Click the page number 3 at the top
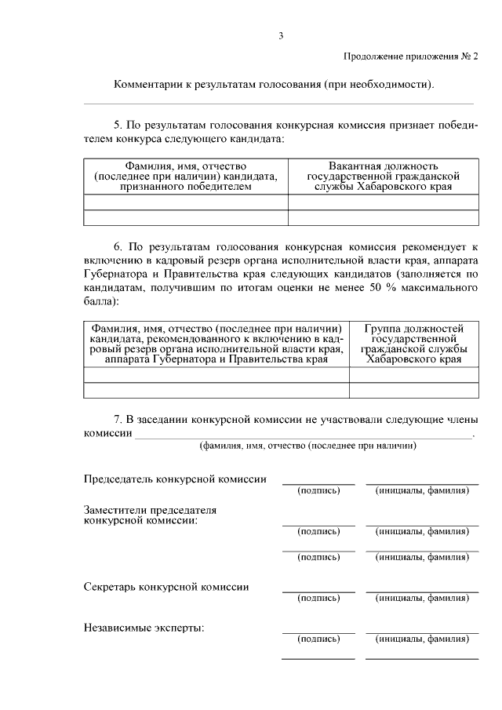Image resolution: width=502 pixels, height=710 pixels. click(x=280, y=35)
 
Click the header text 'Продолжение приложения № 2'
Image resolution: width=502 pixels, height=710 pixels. click(x=410, y=56)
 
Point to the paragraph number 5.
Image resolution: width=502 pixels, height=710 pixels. click(x=118, y=125)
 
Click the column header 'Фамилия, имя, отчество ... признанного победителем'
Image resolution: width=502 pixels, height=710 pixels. click(x=186, y=177)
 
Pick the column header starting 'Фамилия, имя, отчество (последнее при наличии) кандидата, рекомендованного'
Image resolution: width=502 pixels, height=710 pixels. click(x=216, y=344)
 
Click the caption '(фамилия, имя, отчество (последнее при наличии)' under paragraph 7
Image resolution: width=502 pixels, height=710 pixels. click(x=307, y=445)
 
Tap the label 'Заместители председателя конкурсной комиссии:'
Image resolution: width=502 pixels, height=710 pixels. click(x=150, y=515)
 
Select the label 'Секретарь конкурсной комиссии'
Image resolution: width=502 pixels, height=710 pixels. click(x=166, y=586)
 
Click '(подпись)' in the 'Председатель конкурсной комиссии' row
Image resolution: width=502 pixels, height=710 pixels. click(x=318, y=490)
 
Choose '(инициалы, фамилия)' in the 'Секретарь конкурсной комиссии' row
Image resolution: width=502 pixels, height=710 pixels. click(x=422, y=598)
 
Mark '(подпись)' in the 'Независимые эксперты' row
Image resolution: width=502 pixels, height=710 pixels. click(x=318, y=639)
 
